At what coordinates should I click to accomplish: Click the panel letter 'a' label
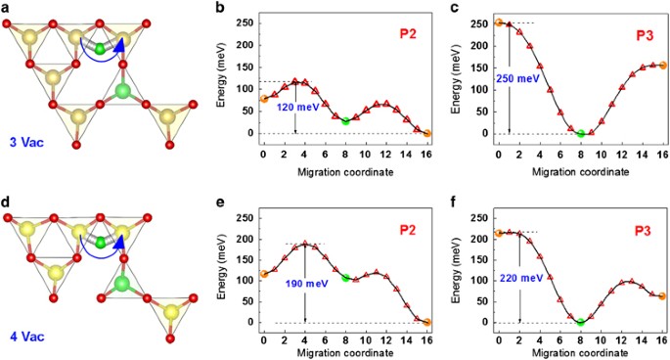click(x=8, y=9)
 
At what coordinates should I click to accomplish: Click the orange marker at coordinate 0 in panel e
click(x=263, y=275)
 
